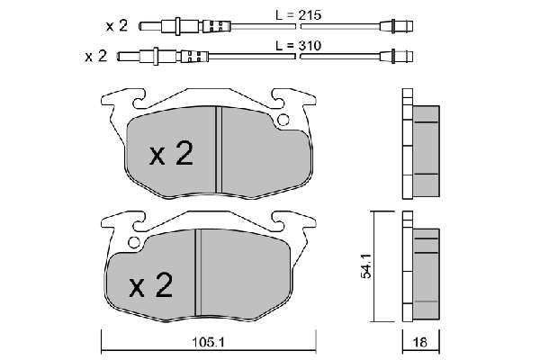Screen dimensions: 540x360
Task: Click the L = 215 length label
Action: [298, 15]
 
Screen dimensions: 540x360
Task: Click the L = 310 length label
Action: [298, 46]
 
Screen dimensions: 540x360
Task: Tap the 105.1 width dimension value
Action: [209, 342]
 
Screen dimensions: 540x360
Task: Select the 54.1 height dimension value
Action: [366, 266]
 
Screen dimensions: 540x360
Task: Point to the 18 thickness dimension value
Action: [420, 342]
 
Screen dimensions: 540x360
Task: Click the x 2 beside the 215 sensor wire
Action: [117, 26]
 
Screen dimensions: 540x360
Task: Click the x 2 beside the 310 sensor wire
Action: [96, 56]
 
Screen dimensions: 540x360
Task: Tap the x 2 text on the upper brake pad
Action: [171, 153]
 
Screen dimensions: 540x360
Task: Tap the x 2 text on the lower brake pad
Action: [151, 285]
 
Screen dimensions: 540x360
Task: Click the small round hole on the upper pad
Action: [283, 120]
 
